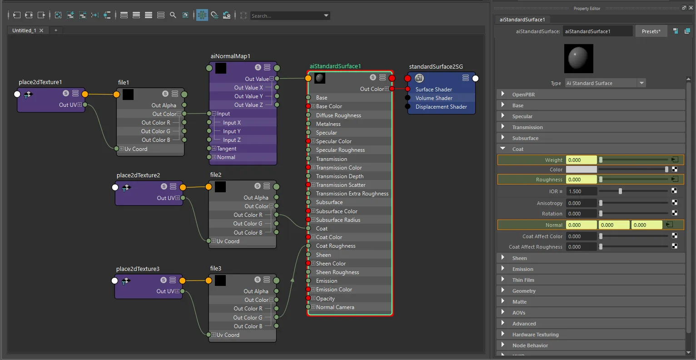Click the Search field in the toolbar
(x=286, y=15)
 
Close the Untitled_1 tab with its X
(x=41, y=30)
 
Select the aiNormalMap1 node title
(x=230, y=56)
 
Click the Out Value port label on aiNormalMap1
(x=257, y=79)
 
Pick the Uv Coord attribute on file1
(x=136, y=149)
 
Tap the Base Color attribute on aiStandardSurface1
(x=329, y=106)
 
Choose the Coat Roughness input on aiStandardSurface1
(x=336, y=246)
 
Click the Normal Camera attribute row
(x=335, y=307)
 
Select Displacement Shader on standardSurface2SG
(x=441, y=107)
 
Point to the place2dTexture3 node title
(x=138, y=269)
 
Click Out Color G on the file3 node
(x=248, y=317)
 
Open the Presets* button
(x=651, y=31)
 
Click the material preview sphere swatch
(x=578, y=59)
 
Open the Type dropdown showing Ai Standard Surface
(x=605, y=83)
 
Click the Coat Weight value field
(x=581, y=160)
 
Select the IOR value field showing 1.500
(x=581, y=191)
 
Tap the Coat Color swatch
(x=581, y=170)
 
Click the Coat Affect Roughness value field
(x=581, y=246)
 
